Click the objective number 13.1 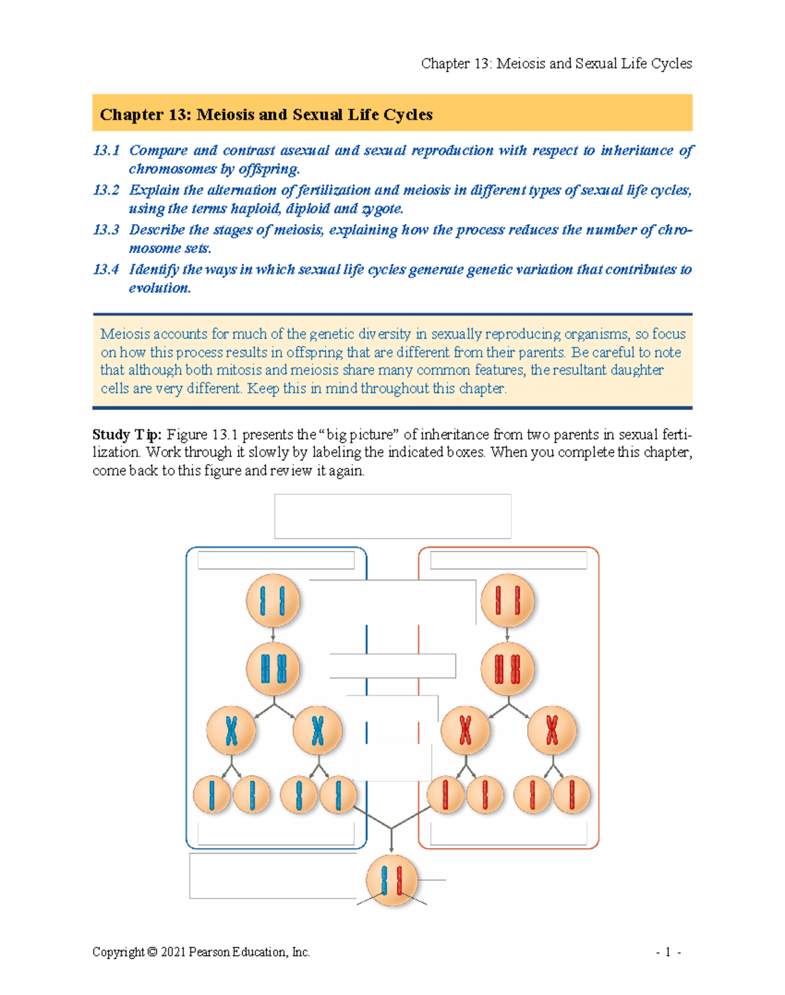(106, 150)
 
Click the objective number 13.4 (106, 269)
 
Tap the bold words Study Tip (126, 435)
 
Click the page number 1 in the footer (667, 952)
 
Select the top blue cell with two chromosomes (273, 601)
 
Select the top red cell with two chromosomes (507, 601)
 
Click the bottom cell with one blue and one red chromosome (391, 880)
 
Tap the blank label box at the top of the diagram (392, 516)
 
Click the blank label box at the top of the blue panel (276, 560)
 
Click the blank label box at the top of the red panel (508, 560)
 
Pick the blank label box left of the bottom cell (273, 876)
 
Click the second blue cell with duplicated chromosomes (273, 669)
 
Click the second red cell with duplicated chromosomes (507, 669)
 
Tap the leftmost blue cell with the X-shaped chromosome (231, 730)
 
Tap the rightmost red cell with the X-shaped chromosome (552, 730)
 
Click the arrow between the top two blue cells (273, 634)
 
